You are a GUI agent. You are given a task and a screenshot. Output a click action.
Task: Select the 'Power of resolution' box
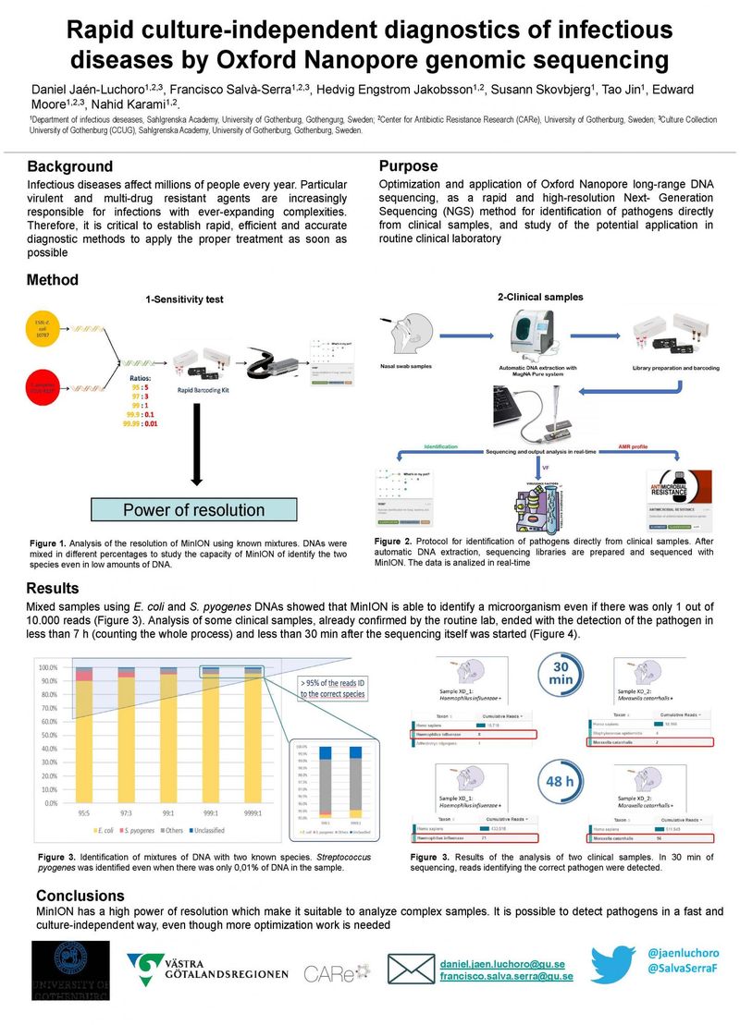[x=193, y=509]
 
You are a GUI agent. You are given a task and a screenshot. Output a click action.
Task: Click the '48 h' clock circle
[x=561, y=781]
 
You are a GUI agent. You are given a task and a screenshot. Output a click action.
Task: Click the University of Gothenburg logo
[x=70, y=970]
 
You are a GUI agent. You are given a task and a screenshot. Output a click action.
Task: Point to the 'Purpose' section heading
[x=408, y=166]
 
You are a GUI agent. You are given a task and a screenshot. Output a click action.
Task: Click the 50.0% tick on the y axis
[x=46, y=736]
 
